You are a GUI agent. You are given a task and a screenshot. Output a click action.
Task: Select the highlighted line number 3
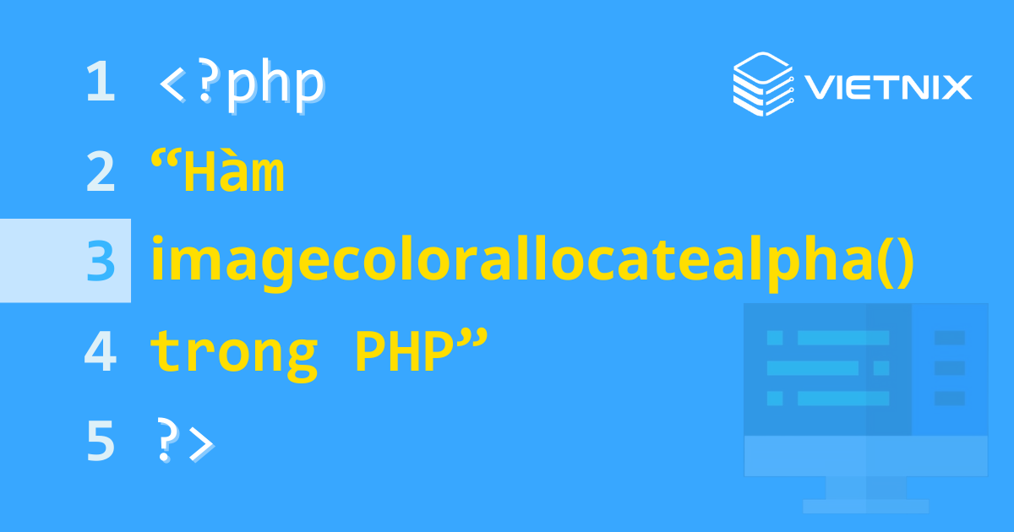coord(101,261)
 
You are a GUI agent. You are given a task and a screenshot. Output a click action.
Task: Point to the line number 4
coord(100,352)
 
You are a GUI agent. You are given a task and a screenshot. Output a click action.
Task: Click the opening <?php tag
coord(242,84)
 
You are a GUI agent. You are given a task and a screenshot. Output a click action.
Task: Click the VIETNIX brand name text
coord(887,87)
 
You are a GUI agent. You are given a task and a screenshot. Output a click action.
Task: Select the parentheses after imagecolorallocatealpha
coord(892,262)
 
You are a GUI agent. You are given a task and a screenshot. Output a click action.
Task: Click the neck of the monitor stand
coord(865,487)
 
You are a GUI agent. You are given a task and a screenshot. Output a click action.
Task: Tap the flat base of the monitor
coord(865,506)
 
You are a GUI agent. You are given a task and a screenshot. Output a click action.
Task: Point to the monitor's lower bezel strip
coord(865,456)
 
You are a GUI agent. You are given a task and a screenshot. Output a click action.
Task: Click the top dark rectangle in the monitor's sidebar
coord(949,338)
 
